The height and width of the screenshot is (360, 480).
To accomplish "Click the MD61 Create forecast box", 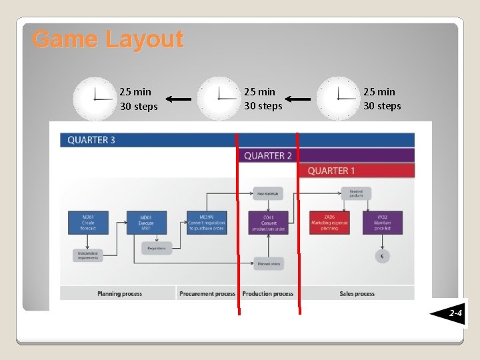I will (88, 223).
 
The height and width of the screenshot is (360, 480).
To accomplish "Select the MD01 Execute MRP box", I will (146, 223).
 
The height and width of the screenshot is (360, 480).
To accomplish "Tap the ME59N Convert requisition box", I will (207, 223).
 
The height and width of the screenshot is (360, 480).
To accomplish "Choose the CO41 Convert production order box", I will (268, 223).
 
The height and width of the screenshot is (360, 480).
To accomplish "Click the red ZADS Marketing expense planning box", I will (329, 223).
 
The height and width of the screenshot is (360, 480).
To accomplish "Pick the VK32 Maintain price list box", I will (383, 223).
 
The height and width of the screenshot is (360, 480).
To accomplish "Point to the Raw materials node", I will (268, 193).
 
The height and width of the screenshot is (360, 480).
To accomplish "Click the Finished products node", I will (356, 193).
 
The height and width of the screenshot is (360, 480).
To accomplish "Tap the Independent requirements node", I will (88, 255).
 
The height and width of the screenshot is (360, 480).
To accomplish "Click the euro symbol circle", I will (382, 256).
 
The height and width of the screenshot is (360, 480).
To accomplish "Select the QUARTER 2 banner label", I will (268, 155).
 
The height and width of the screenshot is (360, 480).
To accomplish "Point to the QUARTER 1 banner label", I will (331, 171).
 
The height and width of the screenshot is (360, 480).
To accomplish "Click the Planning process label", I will (119, 293).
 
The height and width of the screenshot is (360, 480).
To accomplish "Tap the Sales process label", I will (357, 293).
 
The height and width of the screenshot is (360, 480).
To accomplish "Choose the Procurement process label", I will (207, 293).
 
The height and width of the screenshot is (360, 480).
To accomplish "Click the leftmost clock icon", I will (95, 99).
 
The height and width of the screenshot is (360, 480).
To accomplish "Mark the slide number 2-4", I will (455, 312).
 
